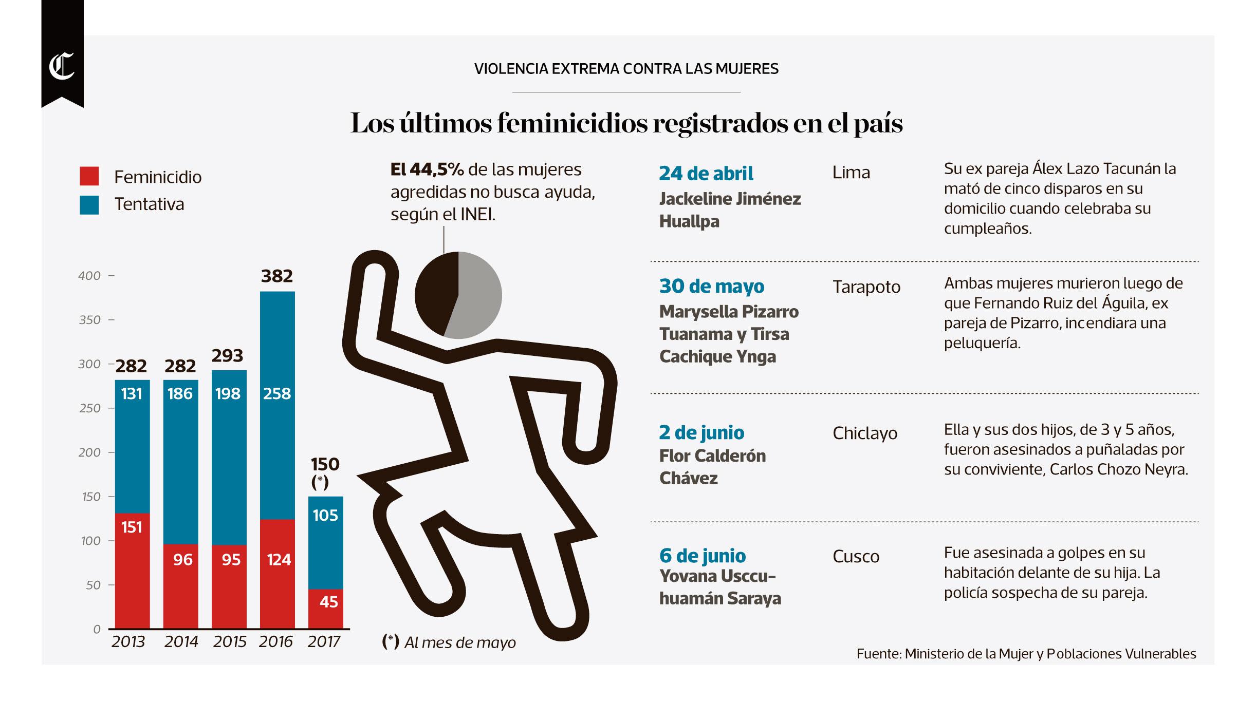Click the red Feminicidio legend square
pyautogui.click(x=89, y=176)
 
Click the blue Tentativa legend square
pyautogui.click(x=89, y=204)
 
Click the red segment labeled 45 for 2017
pyautogui.click(x=325, y=609)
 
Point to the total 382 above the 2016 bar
pyautogui.click(x=276, y=276)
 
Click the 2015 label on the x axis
pyautogui.click(x=230, y=641)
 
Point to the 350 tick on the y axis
pyautogui.click(x=89, y=320)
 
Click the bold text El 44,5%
pyautogui.click(x=427, y=169)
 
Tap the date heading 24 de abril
pyautogui.click(x=706, y=174)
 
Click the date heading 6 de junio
pyautogui.click(x=702, y=556)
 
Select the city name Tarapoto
pyautogui.click(x=866, y=287)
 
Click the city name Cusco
pyautogui.click(x=856, y=556)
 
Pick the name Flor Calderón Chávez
pyautogui.click(x=712, y=467)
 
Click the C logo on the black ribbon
pyautogui.click(x=62, y=67)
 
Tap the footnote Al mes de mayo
pyautogui.click(x=459, y=642)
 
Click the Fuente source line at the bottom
pyautogui.click(x=1026, y=654)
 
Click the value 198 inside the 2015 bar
pyautogui.click(x=228, y=394)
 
